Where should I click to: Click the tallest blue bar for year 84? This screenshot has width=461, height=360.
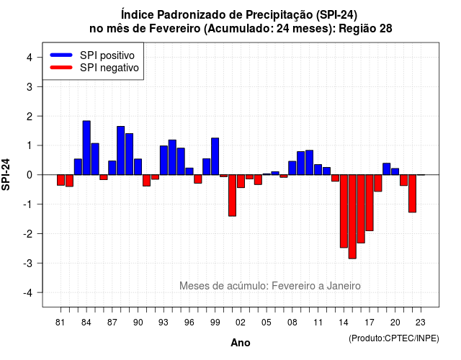click(86, 148)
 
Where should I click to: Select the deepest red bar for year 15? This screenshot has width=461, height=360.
click(352, 217)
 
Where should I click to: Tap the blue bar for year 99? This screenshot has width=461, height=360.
click(215, 156)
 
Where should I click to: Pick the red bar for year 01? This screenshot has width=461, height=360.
click(232, 195)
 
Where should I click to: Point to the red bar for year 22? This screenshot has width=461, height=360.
click(412, 194)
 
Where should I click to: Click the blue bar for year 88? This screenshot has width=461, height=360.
click(120, 150)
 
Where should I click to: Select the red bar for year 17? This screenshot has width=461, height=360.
click(370, 203)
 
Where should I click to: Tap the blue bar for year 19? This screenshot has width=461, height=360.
click(387, 169)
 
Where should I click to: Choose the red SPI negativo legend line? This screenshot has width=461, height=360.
click(61, 68)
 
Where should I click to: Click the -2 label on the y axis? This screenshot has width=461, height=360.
click(28, 233)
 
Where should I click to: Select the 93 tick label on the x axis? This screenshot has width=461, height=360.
click(164, 323)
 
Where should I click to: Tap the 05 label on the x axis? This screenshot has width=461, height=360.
click(267, 323)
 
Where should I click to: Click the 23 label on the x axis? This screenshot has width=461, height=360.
click(421, 323)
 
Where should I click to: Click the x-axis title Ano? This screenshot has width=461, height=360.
click(241, 343)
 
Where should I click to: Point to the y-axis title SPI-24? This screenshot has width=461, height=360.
click(6, 174)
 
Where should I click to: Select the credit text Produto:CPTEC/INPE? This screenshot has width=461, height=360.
click(394, 338)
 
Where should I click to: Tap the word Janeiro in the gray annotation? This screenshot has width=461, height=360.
click(344, 286)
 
